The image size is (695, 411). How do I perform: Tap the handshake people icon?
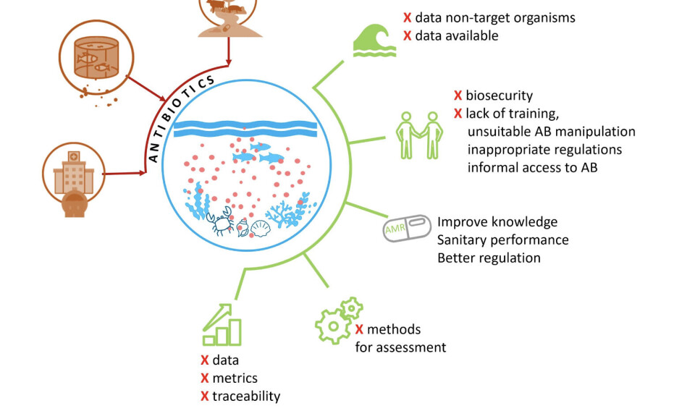(418, 135)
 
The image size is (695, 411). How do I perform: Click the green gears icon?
(338, 319)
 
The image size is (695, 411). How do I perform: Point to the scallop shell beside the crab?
(259, 229)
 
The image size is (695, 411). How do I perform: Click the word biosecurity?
(499, 96)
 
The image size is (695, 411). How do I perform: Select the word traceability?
(245, 396)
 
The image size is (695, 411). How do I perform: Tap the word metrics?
(235, 378)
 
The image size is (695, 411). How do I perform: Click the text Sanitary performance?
(502, 240)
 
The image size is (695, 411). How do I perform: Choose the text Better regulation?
(489, 258)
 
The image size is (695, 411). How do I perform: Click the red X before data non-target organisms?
(408, 17)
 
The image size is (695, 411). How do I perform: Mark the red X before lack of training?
(458, 114)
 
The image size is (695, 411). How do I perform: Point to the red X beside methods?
(359, 329)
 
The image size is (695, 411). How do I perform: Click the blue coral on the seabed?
(287, 212)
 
